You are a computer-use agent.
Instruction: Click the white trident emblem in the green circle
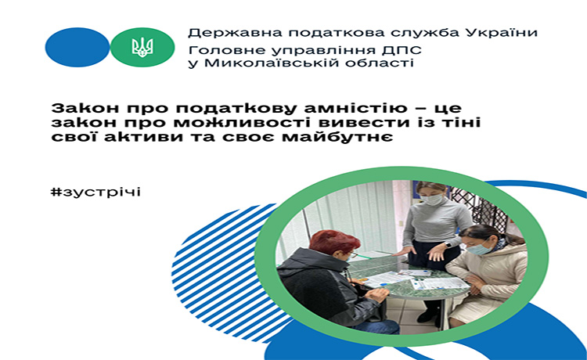coord(142,48)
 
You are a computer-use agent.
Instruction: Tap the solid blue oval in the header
coord(77,47)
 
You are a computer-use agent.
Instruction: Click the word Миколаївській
coord(259,63)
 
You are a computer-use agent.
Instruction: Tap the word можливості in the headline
coord(231,123)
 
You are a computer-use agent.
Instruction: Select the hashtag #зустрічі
coord(95,193)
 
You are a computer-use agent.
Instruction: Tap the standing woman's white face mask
coord(431,200)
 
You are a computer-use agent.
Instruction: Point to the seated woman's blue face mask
coord(479,249)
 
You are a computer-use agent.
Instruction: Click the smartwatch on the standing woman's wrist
coord(448,245)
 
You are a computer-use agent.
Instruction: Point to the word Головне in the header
coord(216,51)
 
